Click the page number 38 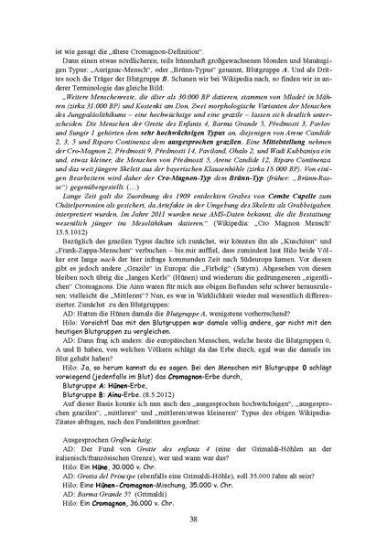point(193,519)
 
